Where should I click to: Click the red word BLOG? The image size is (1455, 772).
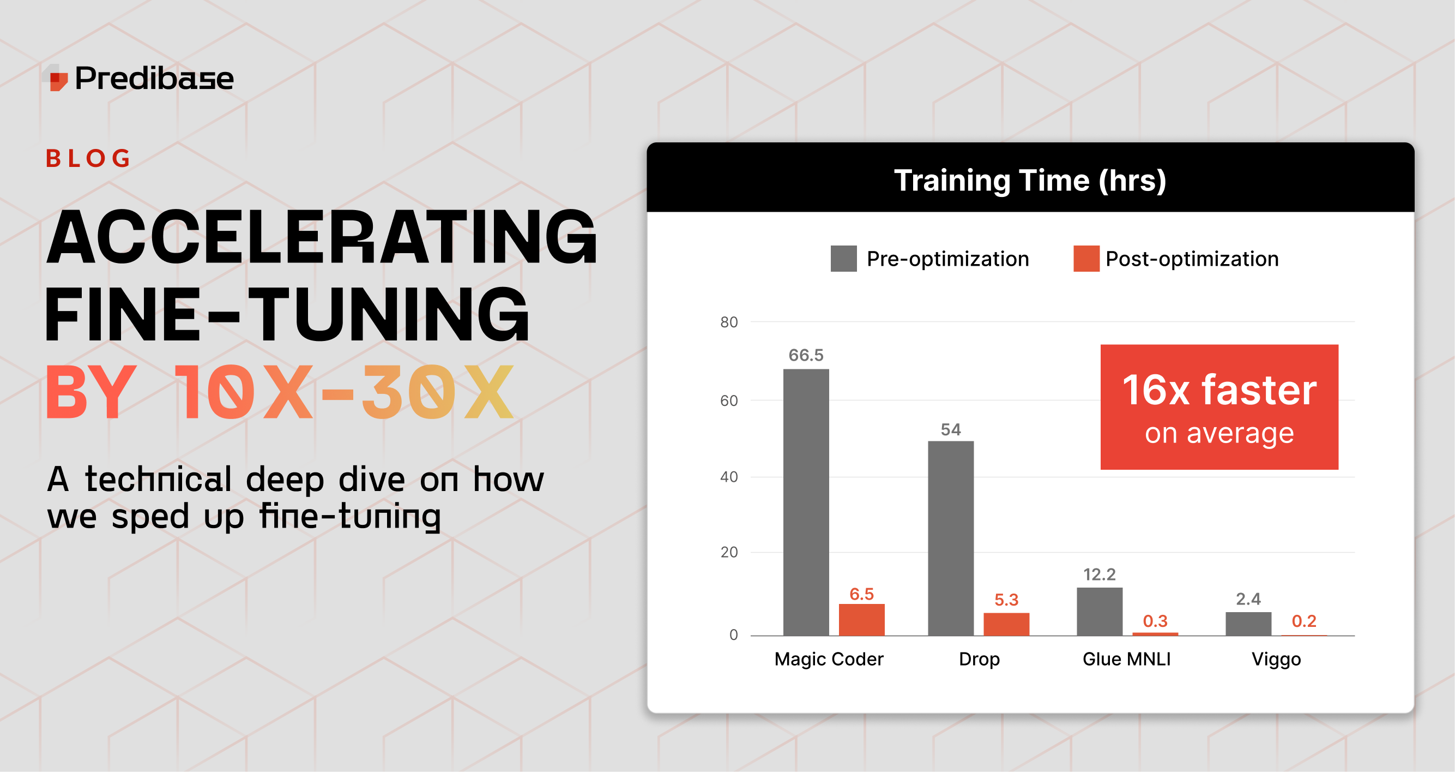tap(88, 158)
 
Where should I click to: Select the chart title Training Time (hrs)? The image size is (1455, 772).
tap(1030, 180)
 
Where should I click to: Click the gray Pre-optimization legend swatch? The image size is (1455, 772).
tap(843, 259)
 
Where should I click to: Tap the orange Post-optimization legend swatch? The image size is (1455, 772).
tap(1086, 259)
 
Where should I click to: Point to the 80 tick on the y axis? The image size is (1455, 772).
tap(729, 322)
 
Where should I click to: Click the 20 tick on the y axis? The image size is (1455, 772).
tap(729, 552)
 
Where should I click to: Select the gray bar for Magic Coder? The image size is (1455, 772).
tap(806, 502)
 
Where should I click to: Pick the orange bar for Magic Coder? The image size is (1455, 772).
tap(861, 620)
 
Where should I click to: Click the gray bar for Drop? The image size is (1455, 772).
tap(951, 538)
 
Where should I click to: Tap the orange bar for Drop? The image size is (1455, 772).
tap(1006, 625)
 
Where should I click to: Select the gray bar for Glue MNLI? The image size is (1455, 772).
tap(1099, 612)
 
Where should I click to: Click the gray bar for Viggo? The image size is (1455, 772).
tap(1248, 624)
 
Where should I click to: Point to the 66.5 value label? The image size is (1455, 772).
tap(806, 355)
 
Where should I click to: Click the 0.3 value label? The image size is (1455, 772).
tap(1155, 621)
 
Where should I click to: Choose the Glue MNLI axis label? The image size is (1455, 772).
tap(1126, 659)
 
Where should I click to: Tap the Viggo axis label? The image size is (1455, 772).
tap(1276, 660)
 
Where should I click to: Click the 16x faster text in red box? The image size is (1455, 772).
tap(1219, 390)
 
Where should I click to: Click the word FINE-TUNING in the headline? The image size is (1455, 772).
tap(287, 314)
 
